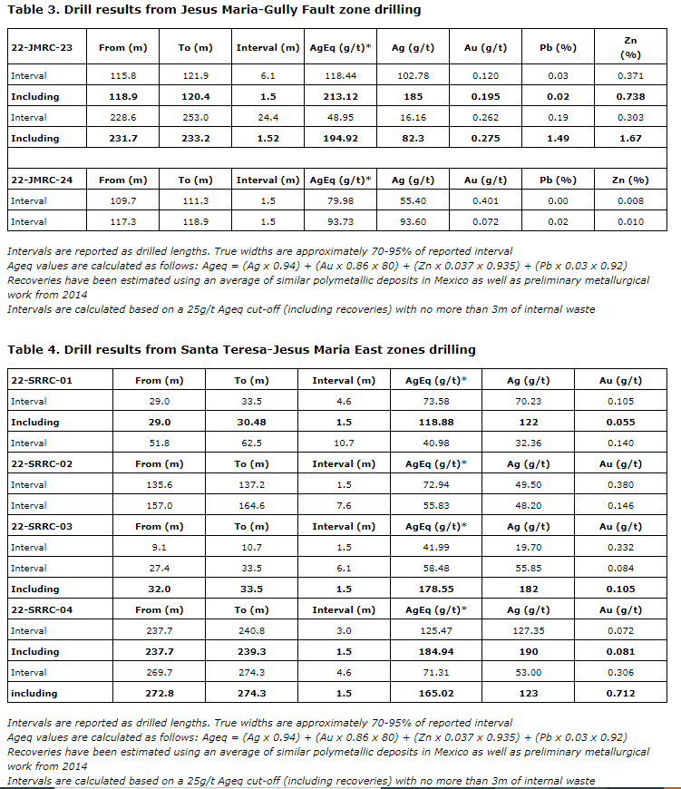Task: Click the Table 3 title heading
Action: point(214,10)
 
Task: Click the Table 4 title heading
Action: point(241,349)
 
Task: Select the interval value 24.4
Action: point(268,117)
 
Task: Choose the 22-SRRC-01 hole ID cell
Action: point(42,380)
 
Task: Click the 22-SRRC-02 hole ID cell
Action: point(42,463)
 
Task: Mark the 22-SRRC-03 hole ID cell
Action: point(42,526)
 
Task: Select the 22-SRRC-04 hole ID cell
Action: point(42,609)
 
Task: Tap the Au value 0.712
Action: point(621,693)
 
